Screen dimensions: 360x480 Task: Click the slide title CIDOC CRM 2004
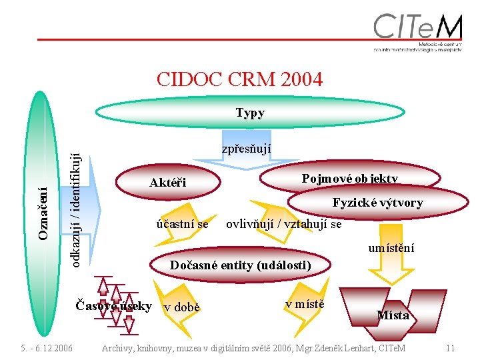(239, 79)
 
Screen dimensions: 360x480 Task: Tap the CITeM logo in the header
(417, 32)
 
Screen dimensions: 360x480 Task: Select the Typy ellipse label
(250, 113)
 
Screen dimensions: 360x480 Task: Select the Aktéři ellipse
(168, 183)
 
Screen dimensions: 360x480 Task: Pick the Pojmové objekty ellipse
(350, 178)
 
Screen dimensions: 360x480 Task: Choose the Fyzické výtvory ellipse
(377, 203)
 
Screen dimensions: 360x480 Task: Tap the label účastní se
(181, 224)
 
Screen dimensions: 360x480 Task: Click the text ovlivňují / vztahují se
(284, 224)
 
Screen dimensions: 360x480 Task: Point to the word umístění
(391, 248)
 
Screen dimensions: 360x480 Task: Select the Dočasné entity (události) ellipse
(240, 265)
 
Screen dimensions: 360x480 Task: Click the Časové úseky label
(114, 306)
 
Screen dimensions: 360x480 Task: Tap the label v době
(181, 307)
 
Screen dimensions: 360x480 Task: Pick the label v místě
(305, 305)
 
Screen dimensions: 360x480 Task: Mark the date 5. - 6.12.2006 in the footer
(47, 348)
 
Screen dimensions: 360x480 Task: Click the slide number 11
(451, 348)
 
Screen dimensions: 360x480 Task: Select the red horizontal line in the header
(200, 39)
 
